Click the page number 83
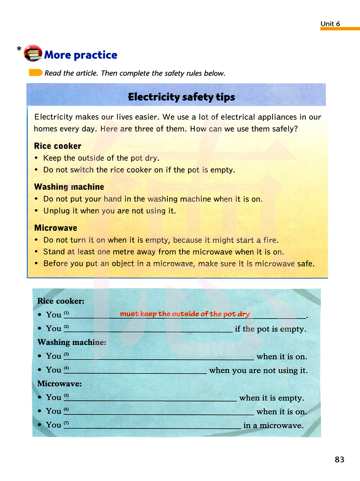(x=339, y=459)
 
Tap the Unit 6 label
(x=330, y=24)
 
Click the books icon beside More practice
(x=33, y=53)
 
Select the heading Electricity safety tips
(x=181, y=97)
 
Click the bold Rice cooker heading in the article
(x=58, y=146)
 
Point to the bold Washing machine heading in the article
(x=69, y=187)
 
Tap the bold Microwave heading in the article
(x=56, y=228)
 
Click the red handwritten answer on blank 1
(x=185, y=314)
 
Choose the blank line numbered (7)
(x=157, y=427)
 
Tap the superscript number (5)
(x=66, y=396)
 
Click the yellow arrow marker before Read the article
(x=36, y=73)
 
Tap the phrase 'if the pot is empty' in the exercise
(x=270, y=329)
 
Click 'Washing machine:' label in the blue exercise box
(x=72, y=342)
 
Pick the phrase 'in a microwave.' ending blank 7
(x=273, y=426)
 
